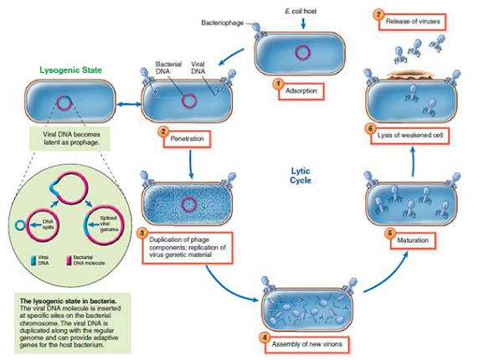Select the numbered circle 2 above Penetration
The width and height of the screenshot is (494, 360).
tap(166, 132)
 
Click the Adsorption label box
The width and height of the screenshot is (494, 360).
tap(300, 89)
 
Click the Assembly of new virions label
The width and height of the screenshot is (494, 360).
tap(303, 344)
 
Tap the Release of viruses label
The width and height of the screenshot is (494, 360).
tap(414, 21)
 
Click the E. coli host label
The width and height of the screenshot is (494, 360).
tap(299, 7)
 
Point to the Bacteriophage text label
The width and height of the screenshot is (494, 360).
tap(222, 23)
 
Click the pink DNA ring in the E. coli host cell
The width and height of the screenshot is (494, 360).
tap(298, 52)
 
